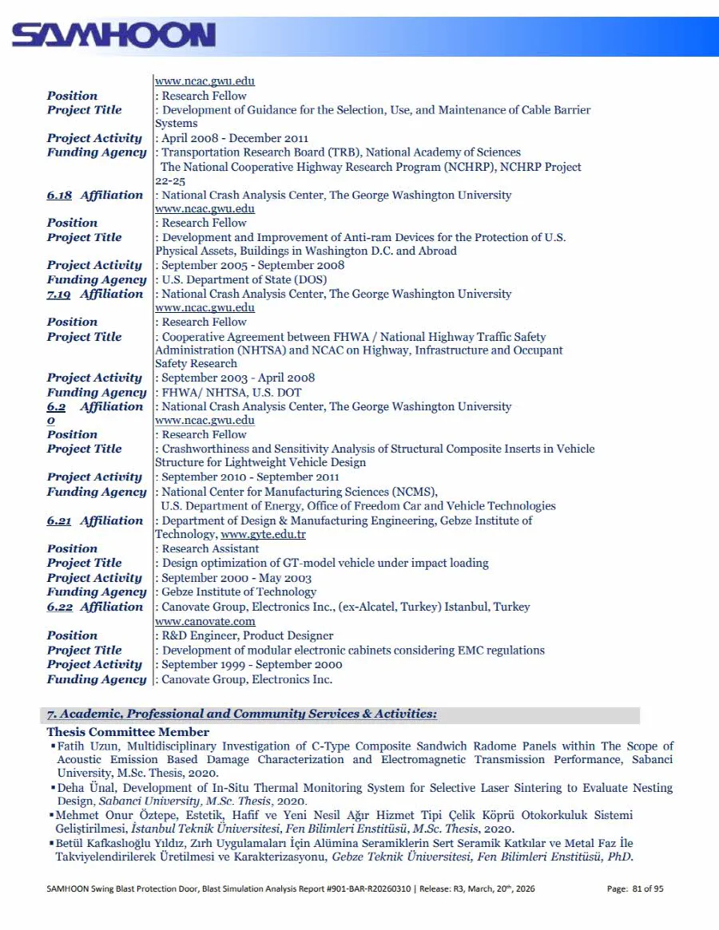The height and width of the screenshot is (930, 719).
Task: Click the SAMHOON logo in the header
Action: coord(113,34)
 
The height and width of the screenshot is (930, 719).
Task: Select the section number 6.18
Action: coord(59,195)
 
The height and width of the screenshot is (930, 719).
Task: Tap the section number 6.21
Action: coord(59,520)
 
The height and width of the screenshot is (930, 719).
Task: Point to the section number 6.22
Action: coord(59,607)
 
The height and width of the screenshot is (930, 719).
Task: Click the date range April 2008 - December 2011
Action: coord(235,138)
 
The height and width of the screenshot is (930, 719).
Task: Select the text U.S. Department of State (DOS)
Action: coord(244,279)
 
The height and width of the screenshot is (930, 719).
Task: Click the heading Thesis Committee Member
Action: coord(128,732)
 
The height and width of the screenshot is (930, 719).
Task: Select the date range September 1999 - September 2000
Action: coord(252,664)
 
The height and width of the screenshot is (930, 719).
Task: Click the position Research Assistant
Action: coord(210,548)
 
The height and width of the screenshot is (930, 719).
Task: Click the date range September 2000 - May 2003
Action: coord(236,578)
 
